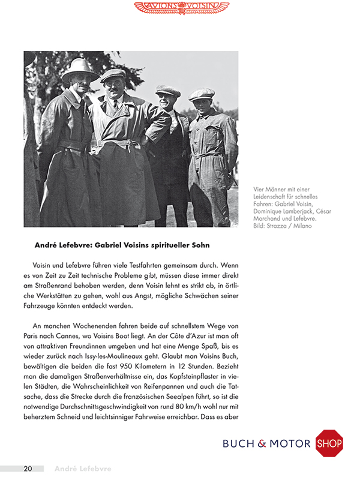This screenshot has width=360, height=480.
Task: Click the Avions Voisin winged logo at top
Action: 181,7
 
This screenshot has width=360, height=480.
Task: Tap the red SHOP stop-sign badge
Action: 329,443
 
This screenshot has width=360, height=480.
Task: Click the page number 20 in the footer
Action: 29,468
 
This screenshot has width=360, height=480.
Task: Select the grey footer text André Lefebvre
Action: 83,468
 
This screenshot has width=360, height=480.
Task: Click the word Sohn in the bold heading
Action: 199,245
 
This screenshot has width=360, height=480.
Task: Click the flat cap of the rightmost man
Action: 201,94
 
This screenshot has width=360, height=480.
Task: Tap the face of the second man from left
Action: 113,88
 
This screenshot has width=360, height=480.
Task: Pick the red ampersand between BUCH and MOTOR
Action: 262,444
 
